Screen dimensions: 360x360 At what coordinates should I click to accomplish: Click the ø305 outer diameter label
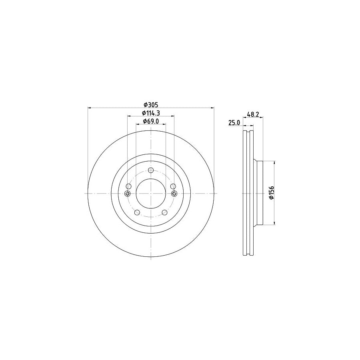point(151,104)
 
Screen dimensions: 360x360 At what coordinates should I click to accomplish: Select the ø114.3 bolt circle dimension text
point(151,113)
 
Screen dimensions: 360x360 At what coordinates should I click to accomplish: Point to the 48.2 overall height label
point(254,114)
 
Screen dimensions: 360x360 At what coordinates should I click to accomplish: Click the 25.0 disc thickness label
point(234,123)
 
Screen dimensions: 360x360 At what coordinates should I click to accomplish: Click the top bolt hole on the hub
point(151,170)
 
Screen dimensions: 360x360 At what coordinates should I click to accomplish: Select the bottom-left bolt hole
point(137,212)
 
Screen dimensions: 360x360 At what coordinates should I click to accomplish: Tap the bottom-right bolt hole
point(165,212)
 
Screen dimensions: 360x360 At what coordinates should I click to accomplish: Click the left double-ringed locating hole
point(128,194)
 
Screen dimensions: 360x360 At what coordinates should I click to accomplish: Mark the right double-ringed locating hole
point(174,194)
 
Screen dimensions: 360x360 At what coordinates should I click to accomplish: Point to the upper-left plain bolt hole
point(128,186)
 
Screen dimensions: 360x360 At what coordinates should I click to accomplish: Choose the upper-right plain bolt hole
point(173,186)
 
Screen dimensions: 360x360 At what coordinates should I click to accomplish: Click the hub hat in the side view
point(258,193)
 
